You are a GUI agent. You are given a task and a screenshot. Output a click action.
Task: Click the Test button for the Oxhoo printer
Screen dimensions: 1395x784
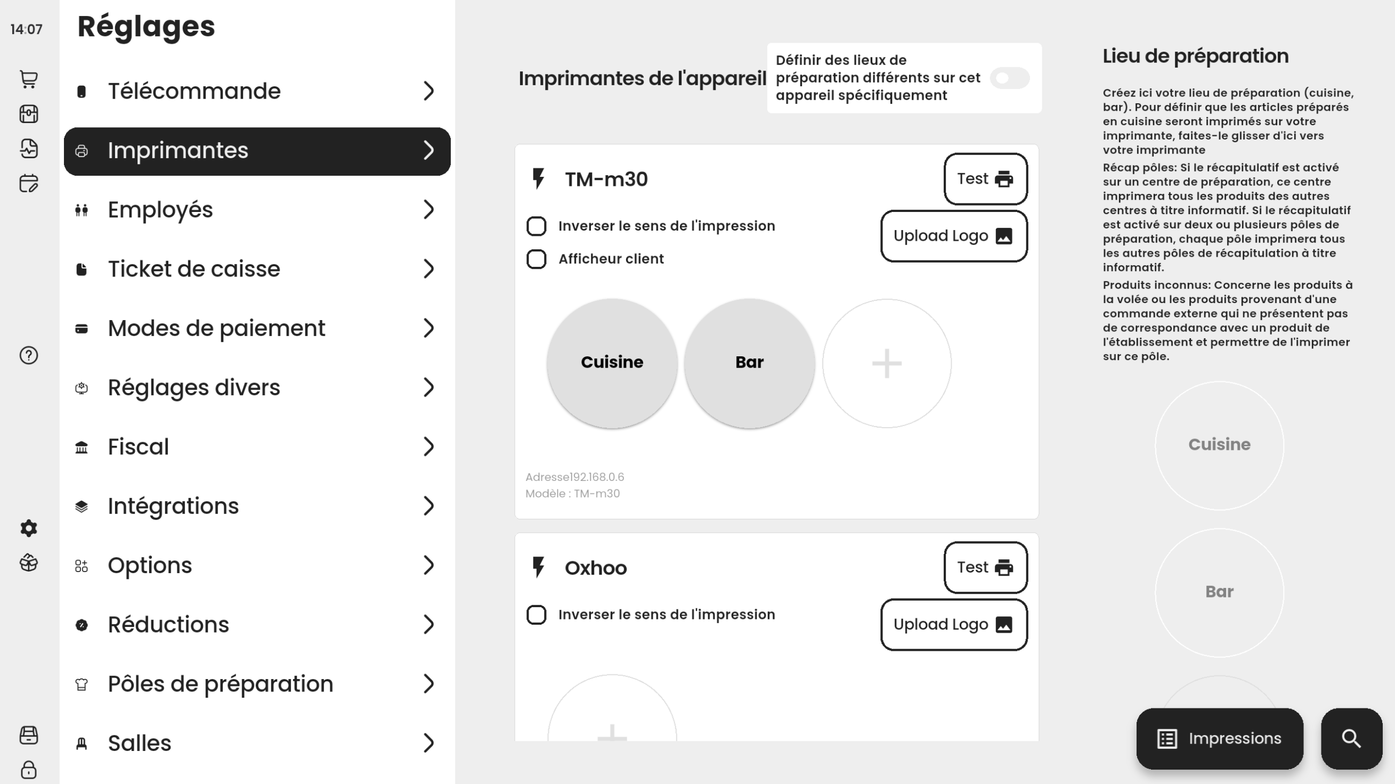pyautogui.click(x=986, y=567)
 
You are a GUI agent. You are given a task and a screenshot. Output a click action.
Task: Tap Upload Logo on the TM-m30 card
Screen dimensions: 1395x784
pyautogui.click(x=954, y=236)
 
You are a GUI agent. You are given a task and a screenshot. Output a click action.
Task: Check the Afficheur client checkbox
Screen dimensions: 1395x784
pyautogui.click(x=537, y=259)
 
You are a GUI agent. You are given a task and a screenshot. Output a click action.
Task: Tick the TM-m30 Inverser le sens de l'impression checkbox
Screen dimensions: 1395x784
pyautogui.click(x=537, y=226)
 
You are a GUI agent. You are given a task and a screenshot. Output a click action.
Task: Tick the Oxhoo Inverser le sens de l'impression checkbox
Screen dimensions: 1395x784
pyautogui.click(x=537, y=615)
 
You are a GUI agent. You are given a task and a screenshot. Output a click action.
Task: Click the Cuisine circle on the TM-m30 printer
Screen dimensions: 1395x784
pyautogui.click(x=612, y=363)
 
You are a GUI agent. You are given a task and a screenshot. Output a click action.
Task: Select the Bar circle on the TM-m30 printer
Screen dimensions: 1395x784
pyautogui.click(x=750, y=363)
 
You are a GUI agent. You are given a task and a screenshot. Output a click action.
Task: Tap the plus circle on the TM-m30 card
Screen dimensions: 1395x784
pyautogui.click(x=887, y=363)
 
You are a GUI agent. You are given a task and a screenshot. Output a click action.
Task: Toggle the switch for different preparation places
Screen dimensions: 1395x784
pyautogui.click(x=1009, y=78)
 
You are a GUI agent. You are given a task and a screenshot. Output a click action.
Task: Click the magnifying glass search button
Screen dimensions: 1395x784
pyautogui.click(x=1352, y=739)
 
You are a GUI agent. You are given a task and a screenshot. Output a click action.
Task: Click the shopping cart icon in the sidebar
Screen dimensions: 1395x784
pyautogui.click(x=29, y=79)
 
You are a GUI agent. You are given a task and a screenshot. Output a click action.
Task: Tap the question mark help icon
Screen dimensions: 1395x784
pyautogui.click(x=29, y=356)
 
